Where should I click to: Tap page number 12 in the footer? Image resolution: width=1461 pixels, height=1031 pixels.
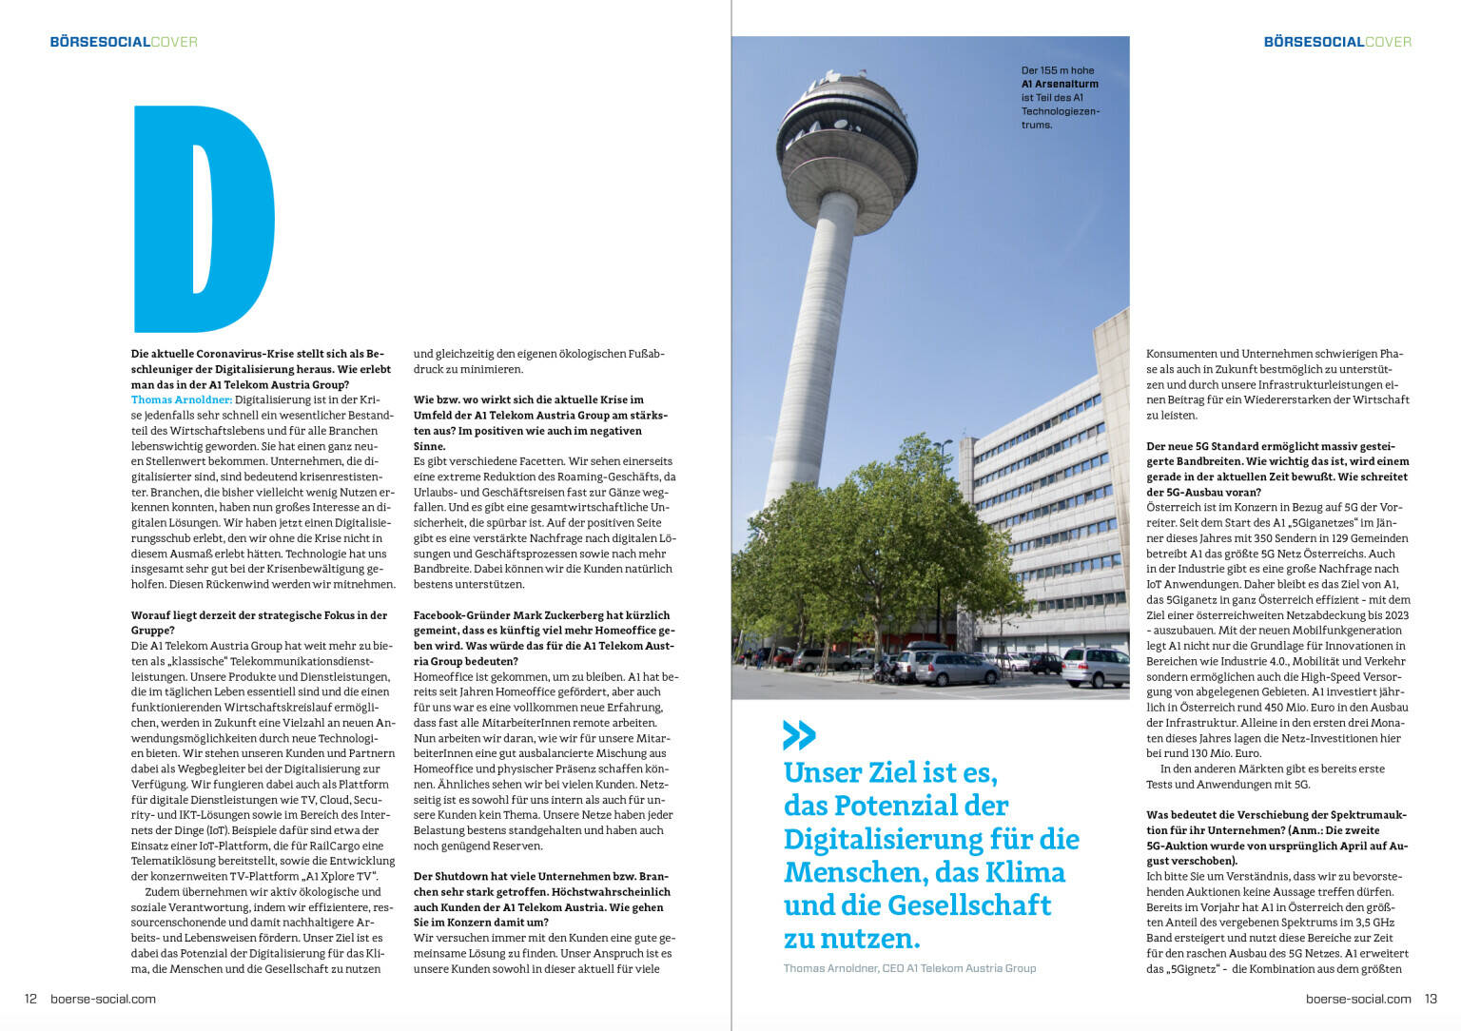(30, 999)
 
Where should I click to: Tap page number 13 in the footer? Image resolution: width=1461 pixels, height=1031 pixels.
(1431, 999)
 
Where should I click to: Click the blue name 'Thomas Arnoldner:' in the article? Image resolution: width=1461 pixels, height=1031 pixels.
(182, 400)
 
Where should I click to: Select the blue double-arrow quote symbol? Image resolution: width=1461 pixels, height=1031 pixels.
(799, 735)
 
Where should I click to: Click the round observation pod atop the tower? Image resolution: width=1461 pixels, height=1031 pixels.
(847, 143)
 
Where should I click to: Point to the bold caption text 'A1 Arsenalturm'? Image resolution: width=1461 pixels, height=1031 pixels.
(1060, 84)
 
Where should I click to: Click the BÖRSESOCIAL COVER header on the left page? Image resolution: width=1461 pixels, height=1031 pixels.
(124, 42)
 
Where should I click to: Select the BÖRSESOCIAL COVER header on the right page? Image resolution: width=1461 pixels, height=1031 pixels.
(1336, 42)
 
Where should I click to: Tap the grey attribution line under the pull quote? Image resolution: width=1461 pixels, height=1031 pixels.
(909, 968)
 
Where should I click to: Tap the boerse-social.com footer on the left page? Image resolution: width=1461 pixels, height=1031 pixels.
(103, 999)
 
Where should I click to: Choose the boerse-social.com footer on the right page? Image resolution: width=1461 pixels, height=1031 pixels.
(1358, 999)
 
